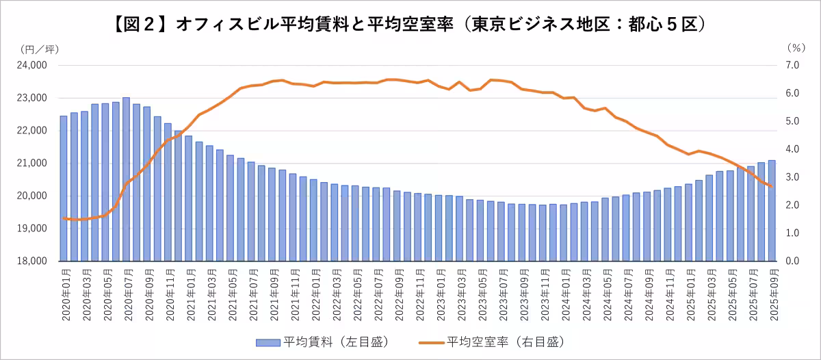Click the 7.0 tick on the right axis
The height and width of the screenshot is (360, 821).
(793, 66)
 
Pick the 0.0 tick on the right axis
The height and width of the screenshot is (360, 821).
(793, 261)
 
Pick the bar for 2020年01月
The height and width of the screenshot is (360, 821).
(64, 188)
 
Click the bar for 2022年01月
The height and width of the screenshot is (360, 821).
(313, 220)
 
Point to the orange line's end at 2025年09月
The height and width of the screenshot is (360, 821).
(772, 186)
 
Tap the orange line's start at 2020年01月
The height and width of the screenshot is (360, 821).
(64, 218)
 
